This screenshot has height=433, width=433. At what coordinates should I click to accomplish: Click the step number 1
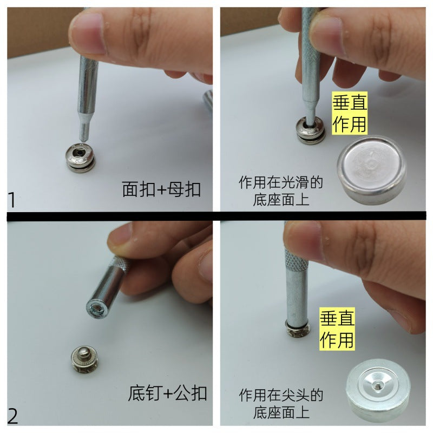11,200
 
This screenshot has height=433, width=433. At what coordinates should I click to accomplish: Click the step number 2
12,416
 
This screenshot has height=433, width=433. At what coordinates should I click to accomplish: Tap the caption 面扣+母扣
161,189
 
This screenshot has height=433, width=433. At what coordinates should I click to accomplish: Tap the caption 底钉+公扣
167,393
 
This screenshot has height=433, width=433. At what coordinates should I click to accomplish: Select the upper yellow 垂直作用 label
350,113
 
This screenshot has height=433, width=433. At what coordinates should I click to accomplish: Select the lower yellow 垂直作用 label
337,329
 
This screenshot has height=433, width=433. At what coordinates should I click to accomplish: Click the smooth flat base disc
371,169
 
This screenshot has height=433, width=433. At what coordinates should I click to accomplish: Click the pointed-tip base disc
378,390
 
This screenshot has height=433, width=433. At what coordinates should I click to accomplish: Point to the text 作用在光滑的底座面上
281,191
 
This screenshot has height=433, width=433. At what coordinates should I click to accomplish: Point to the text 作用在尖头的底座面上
281,404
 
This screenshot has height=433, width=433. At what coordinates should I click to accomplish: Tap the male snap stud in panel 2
85,359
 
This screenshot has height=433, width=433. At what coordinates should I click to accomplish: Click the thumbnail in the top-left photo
87,33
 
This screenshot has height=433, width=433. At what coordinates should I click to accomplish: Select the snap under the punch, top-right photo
310,130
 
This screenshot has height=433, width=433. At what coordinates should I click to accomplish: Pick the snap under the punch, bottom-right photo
297,331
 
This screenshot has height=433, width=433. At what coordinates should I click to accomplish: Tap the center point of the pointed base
377,384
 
